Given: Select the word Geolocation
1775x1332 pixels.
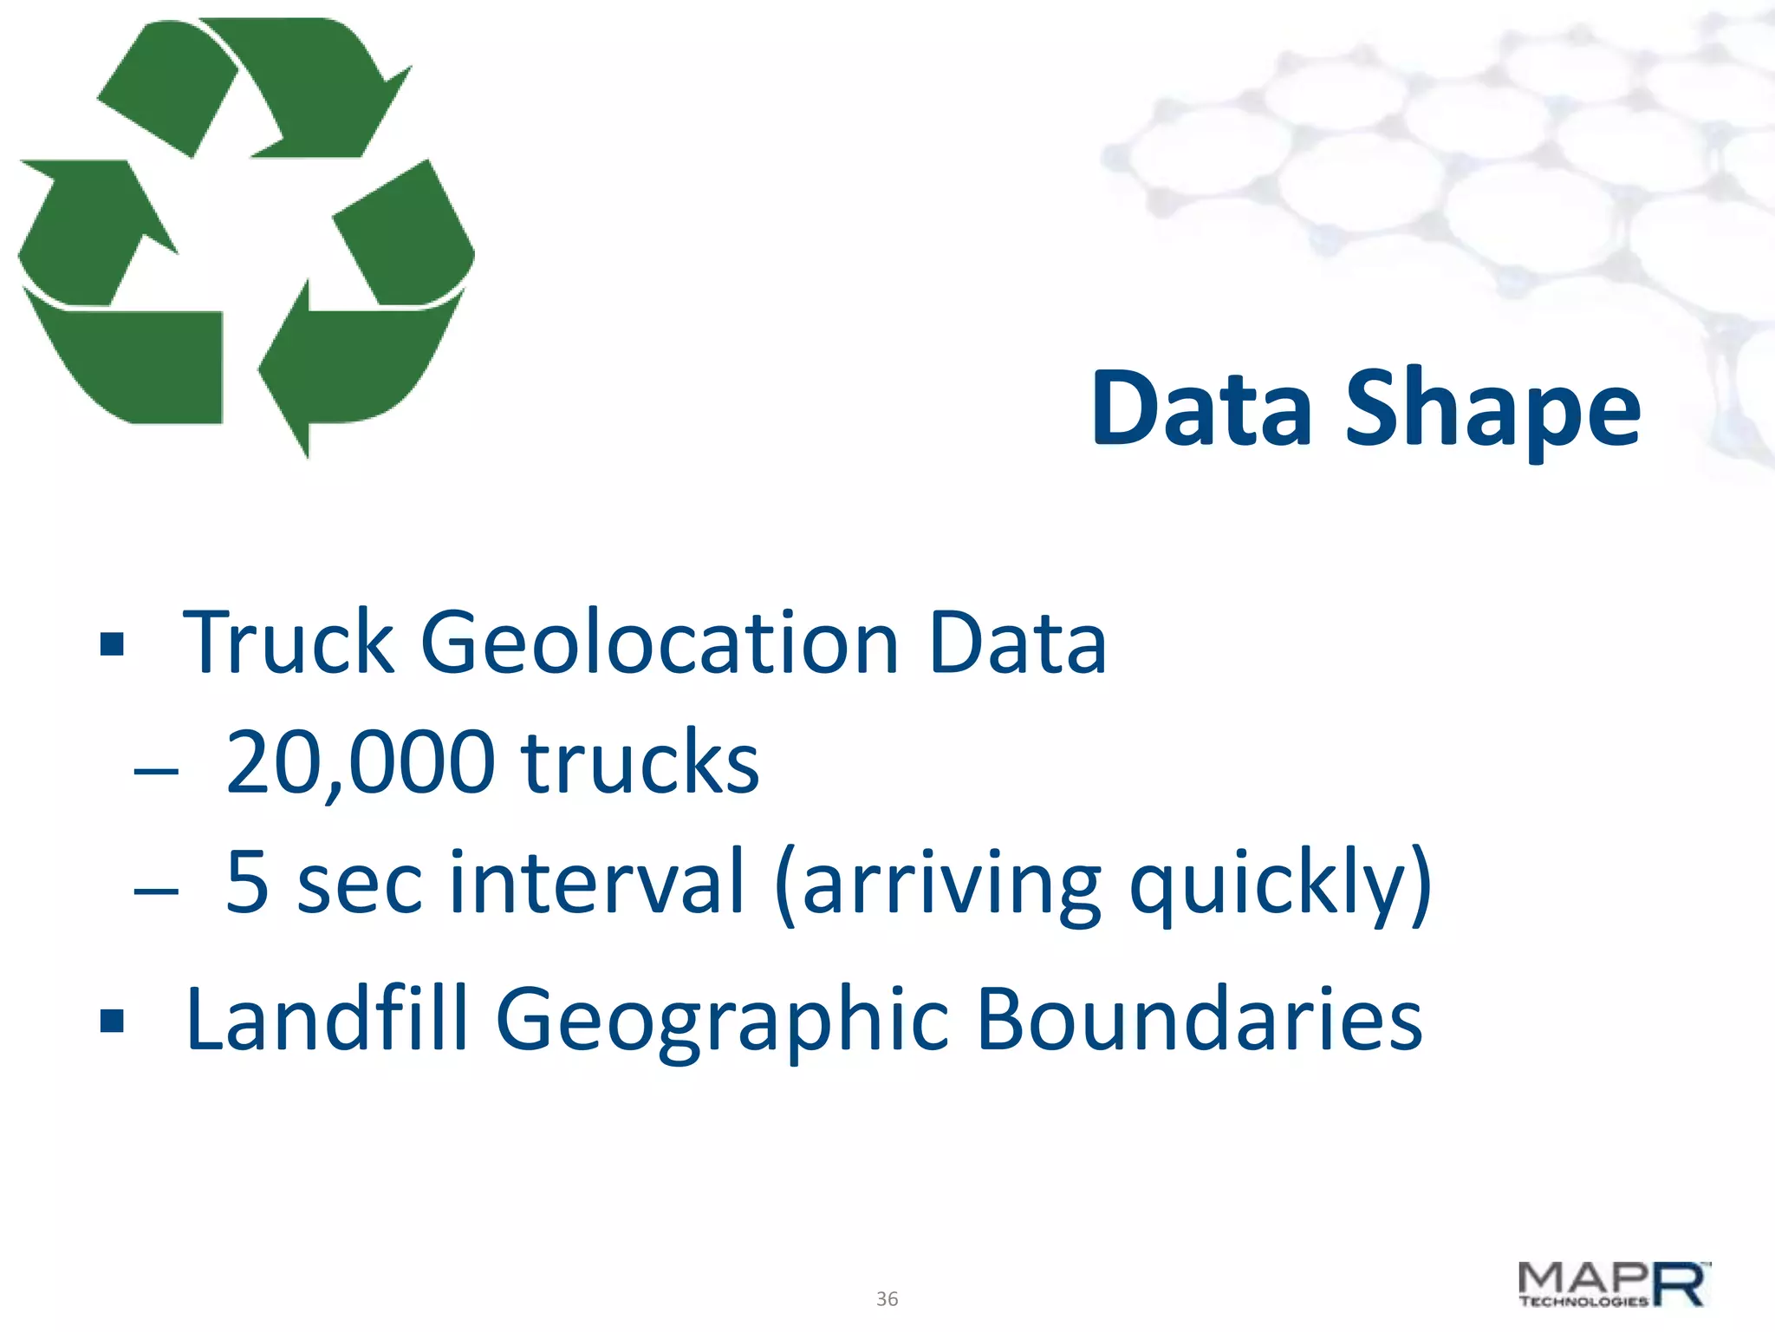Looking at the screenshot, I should coord(660,643).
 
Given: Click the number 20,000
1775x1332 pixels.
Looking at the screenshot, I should coord(361,763).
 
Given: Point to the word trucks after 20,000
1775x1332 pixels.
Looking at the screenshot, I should coord(640,763).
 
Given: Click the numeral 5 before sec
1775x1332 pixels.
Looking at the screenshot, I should coord(247,882).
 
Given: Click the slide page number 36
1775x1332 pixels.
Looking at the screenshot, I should coord(887,1299).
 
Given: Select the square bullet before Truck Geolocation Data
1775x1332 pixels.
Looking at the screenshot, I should coord(112,644).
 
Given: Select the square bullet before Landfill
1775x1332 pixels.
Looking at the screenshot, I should coord(112,1021).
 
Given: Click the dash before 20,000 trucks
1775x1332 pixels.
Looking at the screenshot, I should coord(157,770).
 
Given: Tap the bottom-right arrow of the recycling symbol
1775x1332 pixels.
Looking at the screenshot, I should coord(364,364).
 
